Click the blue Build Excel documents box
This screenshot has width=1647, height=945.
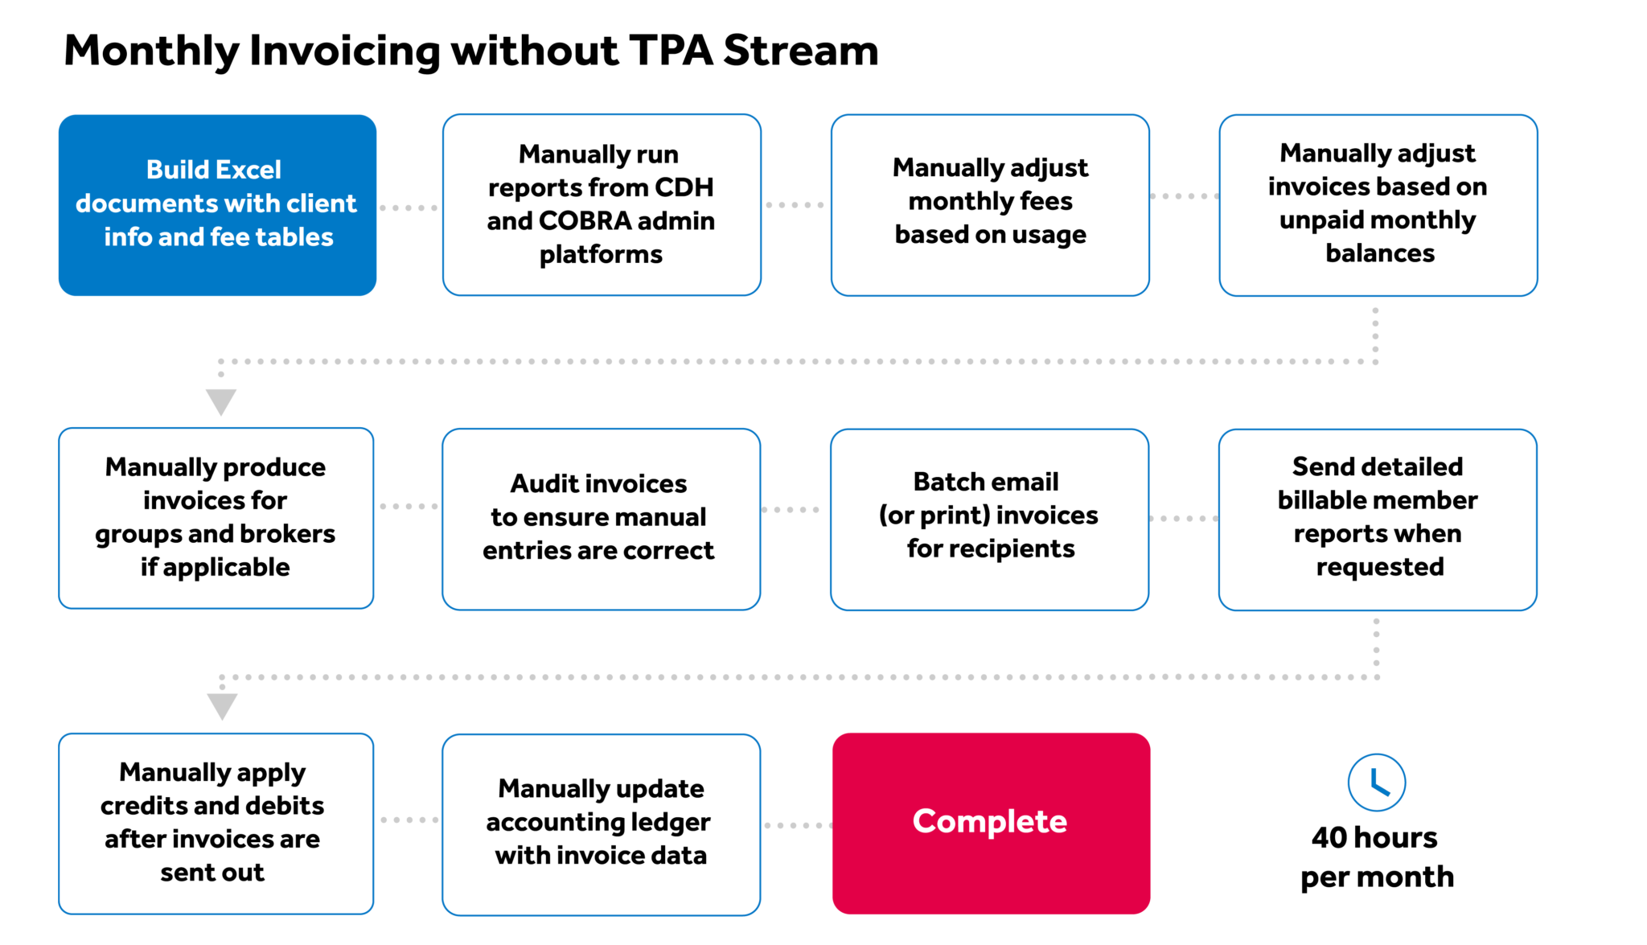point(217,205)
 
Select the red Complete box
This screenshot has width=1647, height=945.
point(990,822)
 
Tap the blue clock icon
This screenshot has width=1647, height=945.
point(1376,782)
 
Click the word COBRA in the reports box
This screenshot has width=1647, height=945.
point(585,220)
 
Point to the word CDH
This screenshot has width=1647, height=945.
point(684,187)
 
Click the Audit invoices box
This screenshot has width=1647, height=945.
point(601,518)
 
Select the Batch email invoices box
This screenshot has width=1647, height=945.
point(989,518)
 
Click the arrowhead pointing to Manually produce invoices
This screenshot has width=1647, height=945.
point(221,401)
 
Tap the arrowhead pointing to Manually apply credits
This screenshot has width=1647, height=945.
point(222,706)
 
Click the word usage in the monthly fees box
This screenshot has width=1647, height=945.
point(1048,235)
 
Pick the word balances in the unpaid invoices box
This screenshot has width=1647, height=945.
point(1379,253)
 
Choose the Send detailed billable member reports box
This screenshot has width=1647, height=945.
point(1377,518)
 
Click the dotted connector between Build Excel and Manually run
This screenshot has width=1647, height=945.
point(409,207)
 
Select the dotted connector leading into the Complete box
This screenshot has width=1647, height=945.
point(796,825)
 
